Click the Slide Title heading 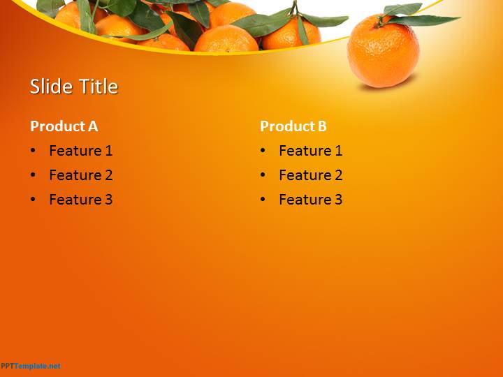(74, 87)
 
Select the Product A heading (64, 126)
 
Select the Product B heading (293, 126)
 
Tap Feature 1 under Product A (81, 151)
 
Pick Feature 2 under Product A (81, 175)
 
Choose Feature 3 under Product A (81, 200)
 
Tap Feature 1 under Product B (310, 151)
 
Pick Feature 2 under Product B (310, 175)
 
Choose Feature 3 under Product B (310, 200)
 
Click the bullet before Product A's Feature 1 (33, 150)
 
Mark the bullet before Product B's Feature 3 (263, 199)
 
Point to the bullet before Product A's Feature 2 (33, 175)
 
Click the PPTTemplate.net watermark (31, 366)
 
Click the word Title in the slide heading (99, 87)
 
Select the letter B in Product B (322, 126)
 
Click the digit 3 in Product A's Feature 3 (108, 200)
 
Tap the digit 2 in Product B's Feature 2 (338, 175)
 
